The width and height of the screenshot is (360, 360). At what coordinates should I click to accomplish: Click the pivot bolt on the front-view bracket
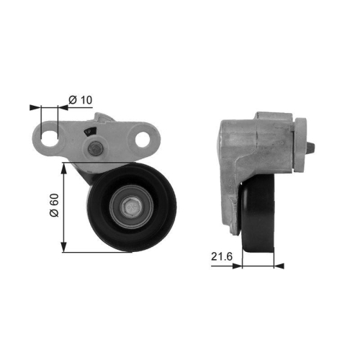tap(94, 150)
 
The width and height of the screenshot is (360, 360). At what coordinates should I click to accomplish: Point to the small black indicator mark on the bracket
tap(89, 130)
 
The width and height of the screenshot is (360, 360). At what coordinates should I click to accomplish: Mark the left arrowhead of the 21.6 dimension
tap(237, 266)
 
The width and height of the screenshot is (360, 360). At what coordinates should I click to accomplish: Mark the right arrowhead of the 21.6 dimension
tap(279, 266)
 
